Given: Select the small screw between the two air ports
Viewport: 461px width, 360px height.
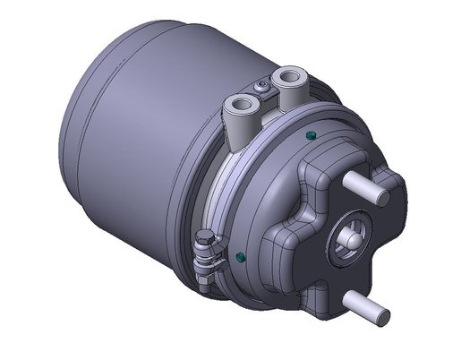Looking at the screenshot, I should (260, 87).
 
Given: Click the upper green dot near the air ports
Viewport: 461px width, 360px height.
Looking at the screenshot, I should (310, 135).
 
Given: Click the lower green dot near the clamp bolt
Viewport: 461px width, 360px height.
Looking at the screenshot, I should (240, 259).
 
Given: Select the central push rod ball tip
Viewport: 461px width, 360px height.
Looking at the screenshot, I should (348, 240).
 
